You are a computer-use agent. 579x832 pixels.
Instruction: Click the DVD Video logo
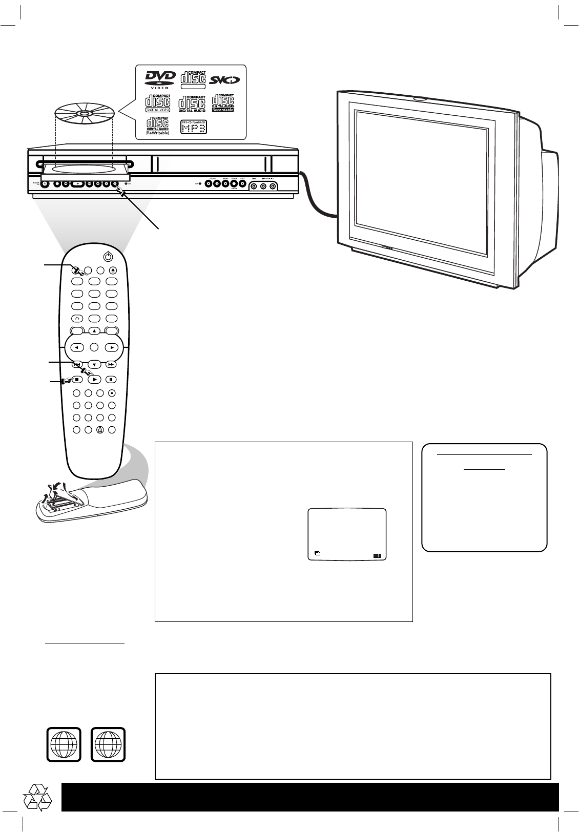coord(160,79)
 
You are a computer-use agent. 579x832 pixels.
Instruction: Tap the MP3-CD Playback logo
coord(194,127)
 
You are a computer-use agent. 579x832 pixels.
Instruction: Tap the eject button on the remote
coord(113,270)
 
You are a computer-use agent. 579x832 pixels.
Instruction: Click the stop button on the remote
coord(76,380)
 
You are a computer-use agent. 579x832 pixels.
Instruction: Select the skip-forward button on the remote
coord(111,365)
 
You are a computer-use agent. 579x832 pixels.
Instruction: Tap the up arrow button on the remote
coord(94,331)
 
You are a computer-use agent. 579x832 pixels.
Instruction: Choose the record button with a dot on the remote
coord(112,393)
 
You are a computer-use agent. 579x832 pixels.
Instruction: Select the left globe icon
coord(64,744)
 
